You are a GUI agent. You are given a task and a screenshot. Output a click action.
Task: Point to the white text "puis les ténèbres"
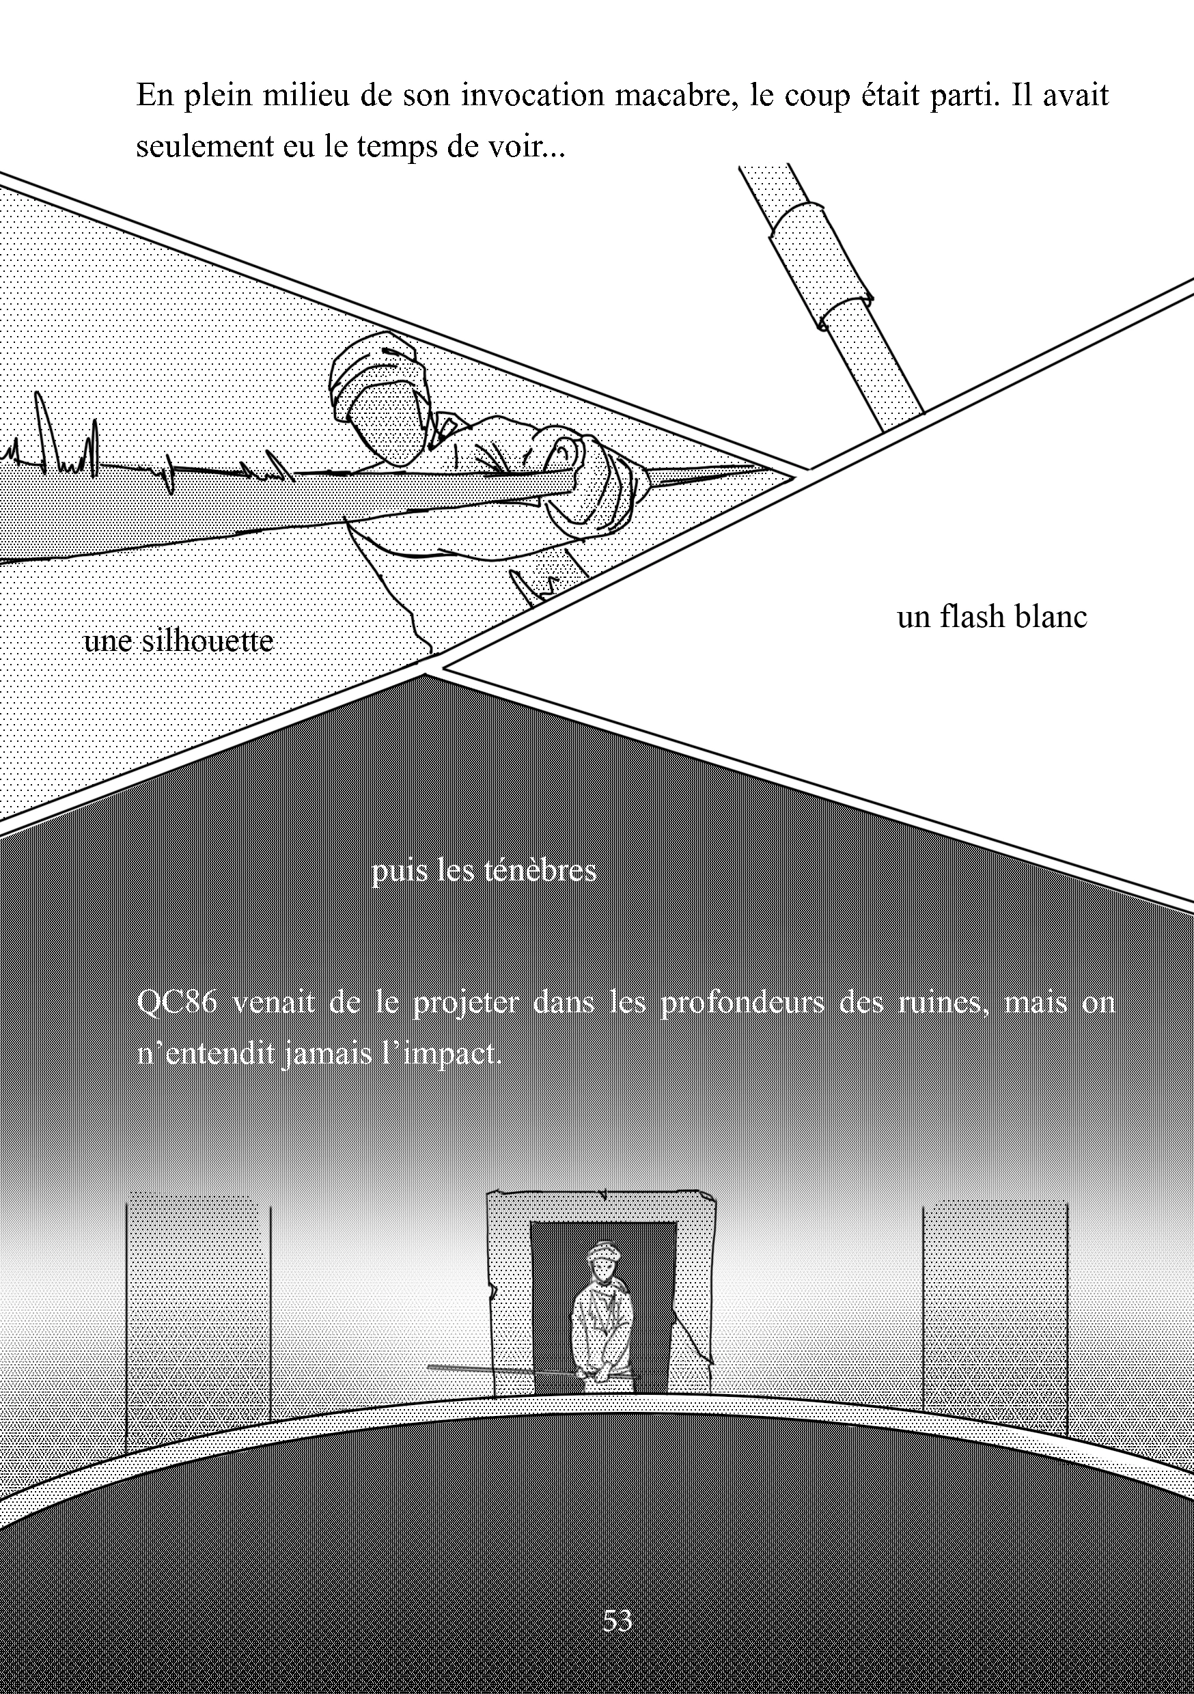click(484, 871)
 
